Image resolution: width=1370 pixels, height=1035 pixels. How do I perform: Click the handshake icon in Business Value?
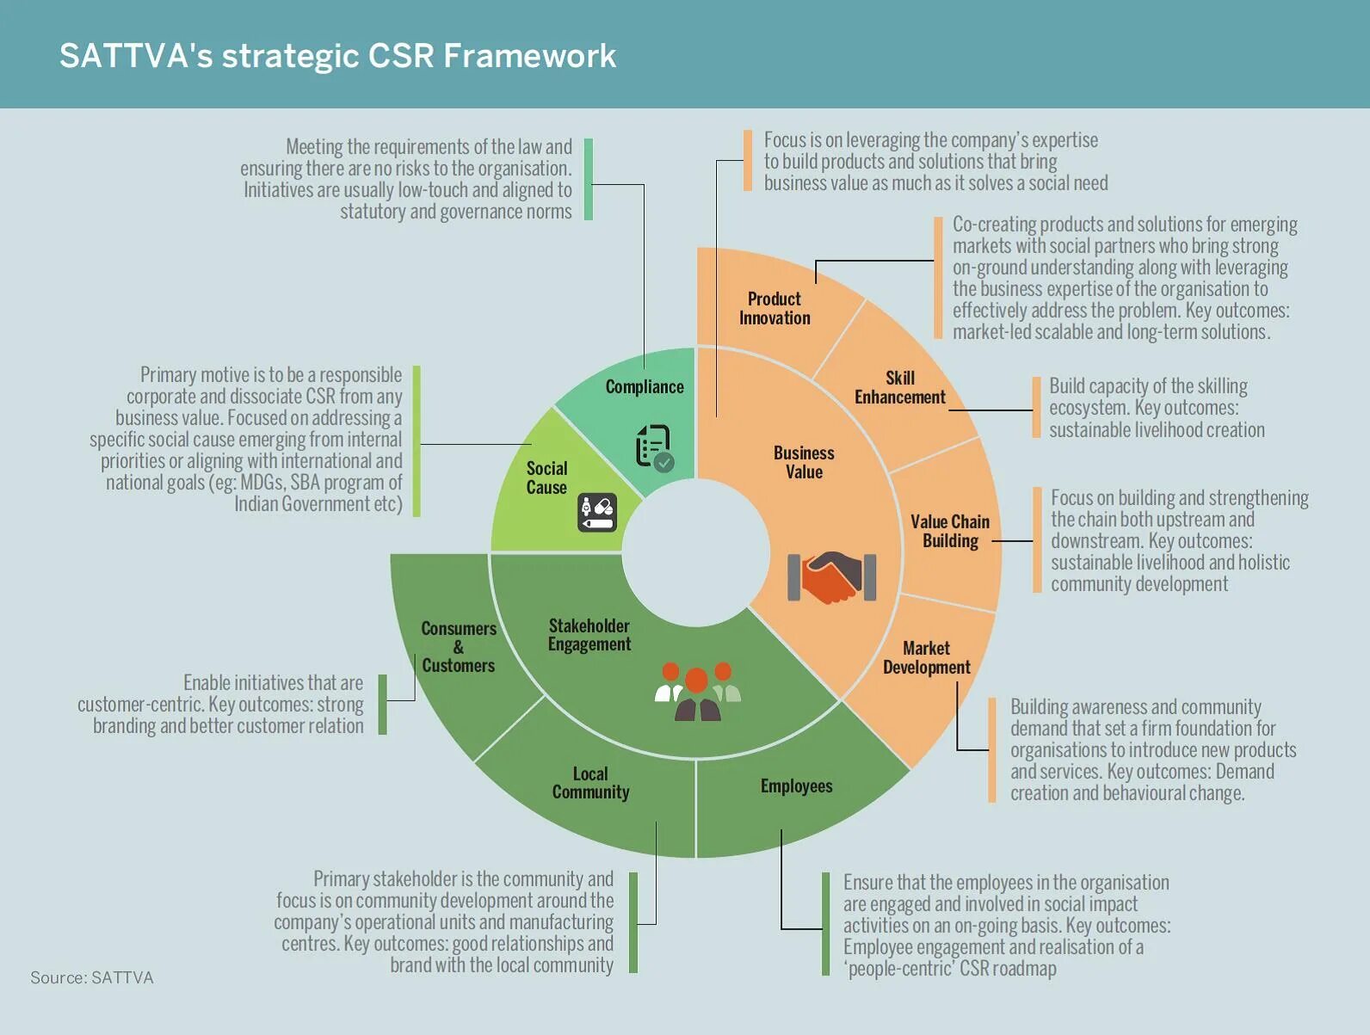pos(831,577)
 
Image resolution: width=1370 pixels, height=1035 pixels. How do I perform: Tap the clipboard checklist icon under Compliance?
pos(654,447)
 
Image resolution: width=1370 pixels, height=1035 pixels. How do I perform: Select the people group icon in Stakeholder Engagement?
pos(698,691)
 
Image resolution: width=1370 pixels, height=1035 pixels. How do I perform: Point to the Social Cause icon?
pos(596,513)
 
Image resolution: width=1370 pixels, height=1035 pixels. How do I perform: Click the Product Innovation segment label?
pos(774,308)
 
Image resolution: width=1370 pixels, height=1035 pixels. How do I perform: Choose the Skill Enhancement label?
pos(899,387)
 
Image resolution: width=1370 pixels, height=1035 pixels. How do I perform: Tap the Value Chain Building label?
pos(950,531)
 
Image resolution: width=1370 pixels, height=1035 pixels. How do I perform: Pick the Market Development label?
pos(926,657)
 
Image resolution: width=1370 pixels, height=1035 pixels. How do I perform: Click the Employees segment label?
pos(796,785)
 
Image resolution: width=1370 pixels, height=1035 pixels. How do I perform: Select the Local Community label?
pos(590,783)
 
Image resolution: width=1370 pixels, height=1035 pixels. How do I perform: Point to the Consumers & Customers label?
pos(459,647)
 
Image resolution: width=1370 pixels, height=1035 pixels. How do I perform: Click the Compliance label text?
pos(645,387)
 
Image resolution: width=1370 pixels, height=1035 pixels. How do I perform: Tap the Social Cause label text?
pos(546,477)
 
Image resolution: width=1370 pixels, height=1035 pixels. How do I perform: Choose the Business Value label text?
pos(804,462)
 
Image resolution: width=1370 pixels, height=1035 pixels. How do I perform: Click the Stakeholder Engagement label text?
pos(589,635)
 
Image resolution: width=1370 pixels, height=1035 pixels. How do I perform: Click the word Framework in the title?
pos(530,56)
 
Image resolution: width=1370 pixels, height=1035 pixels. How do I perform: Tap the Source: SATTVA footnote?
pos(92,977)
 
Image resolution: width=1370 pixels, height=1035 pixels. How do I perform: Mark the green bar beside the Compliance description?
pos(589,179)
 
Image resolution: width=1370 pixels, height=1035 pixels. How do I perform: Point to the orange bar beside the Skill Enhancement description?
pos(1037,407)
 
